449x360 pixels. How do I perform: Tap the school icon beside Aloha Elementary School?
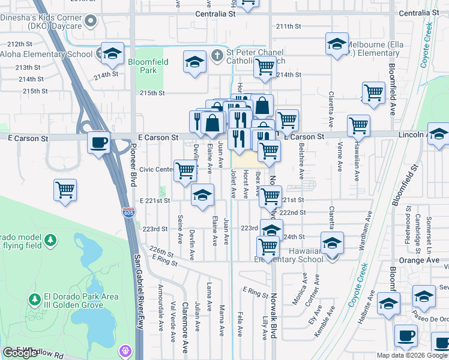click(112, 54)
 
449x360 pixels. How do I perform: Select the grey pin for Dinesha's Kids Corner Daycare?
click(91, 22)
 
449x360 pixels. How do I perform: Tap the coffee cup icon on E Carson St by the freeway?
click(98, 143)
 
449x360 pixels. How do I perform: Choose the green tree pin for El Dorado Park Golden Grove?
click(34, 298)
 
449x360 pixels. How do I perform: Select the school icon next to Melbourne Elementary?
click(337, 44)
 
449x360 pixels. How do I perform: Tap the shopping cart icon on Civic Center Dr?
click(185, 171)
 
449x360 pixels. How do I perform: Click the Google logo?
click(20, 353)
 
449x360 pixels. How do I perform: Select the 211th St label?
click(288, 26)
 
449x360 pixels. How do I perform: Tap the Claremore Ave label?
click(185, 323)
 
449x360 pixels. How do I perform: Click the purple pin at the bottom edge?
click(125, 350)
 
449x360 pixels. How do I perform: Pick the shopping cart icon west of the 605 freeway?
click(65, 191)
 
